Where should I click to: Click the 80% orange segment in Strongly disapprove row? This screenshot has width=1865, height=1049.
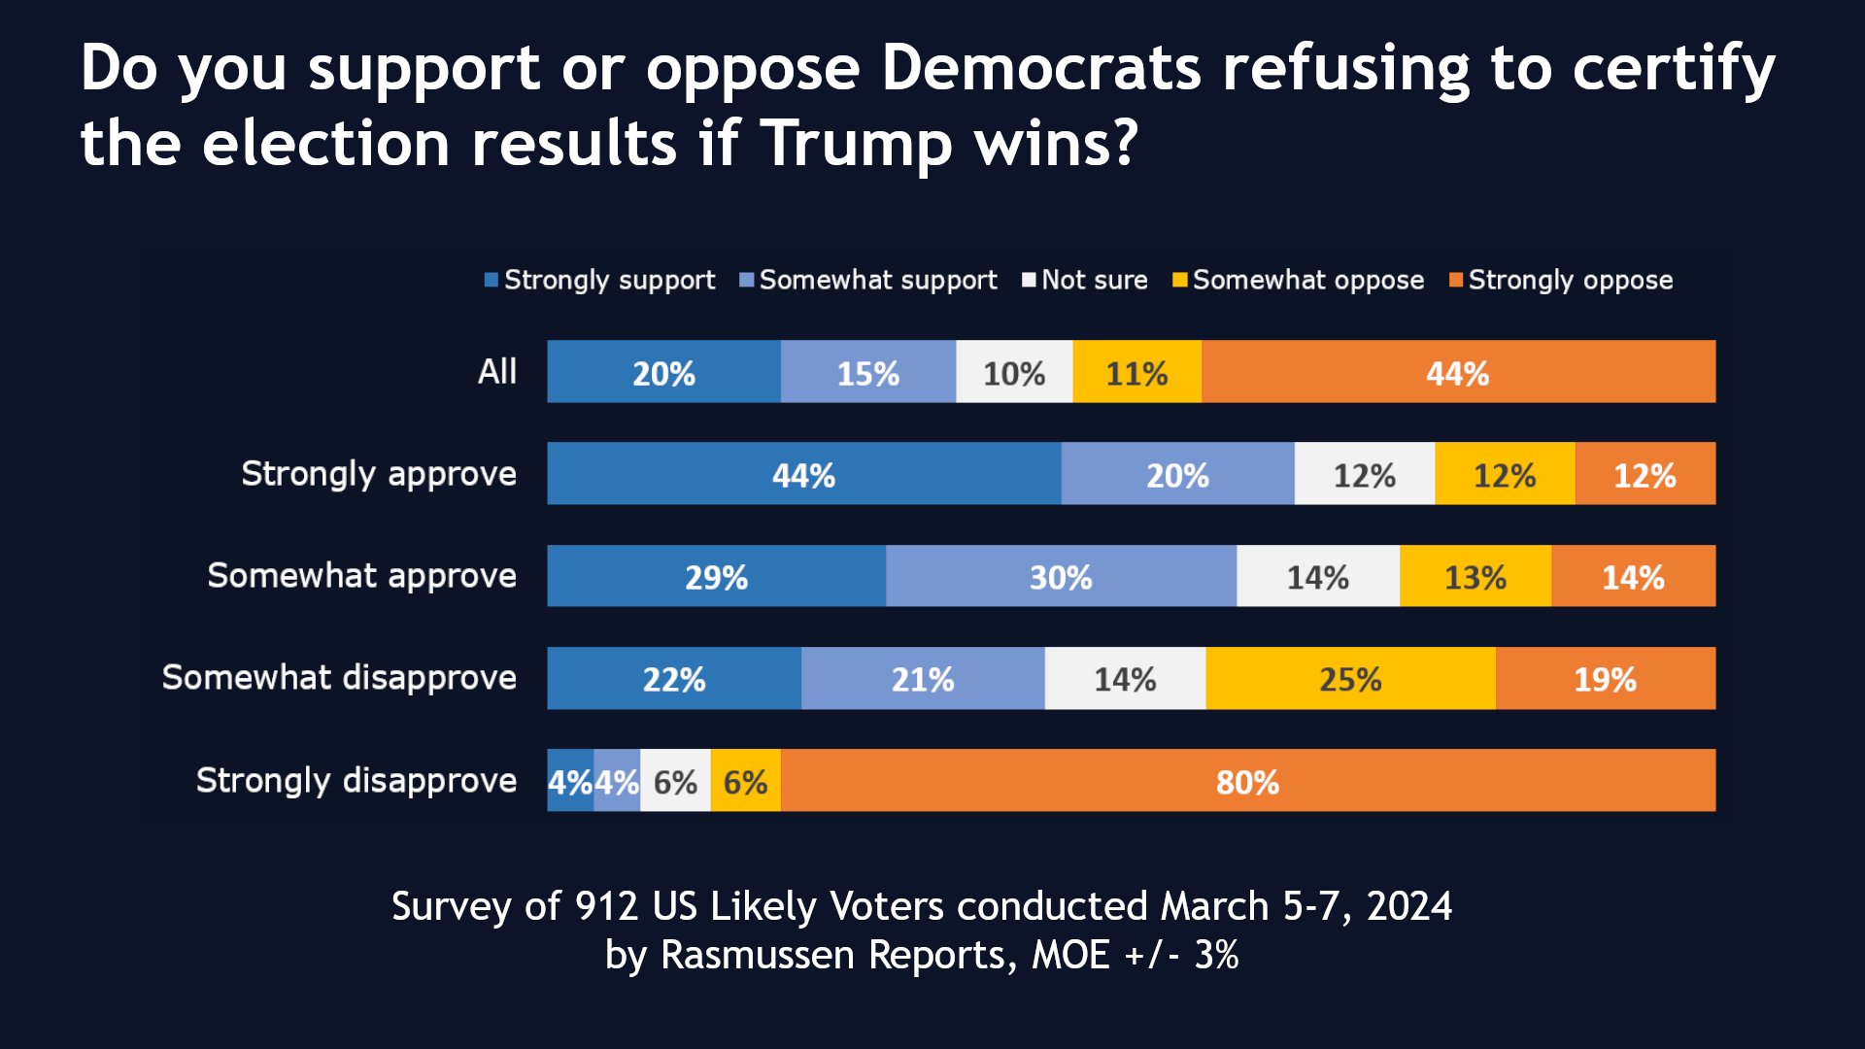(1247, 781)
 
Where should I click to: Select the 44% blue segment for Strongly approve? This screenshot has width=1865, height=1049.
(803, 474)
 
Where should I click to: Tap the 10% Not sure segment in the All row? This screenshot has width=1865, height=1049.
(1014, 372)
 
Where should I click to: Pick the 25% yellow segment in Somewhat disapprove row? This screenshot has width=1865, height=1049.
(1350, 678)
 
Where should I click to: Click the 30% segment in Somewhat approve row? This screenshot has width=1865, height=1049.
(1061, 576)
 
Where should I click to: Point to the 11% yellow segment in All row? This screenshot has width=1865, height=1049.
(1136, 372)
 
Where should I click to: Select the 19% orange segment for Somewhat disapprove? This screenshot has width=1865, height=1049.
(1605, 678)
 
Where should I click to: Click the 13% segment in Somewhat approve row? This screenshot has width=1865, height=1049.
(1475, 576)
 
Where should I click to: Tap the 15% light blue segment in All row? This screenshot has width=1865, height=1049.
(867, 372)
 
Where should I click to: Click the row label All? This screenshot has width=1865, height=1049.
(496, 371)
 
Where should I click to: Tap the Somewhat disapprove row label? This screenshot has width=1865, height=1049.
(339, 677)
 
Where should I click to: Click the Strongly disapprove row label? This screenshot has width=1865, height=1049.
(356, 780)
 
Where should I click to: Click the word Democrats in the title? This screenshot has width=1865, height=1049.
(1040, 68)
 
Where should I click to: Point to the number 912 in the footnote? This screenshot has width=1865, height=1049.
(606, 906)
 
